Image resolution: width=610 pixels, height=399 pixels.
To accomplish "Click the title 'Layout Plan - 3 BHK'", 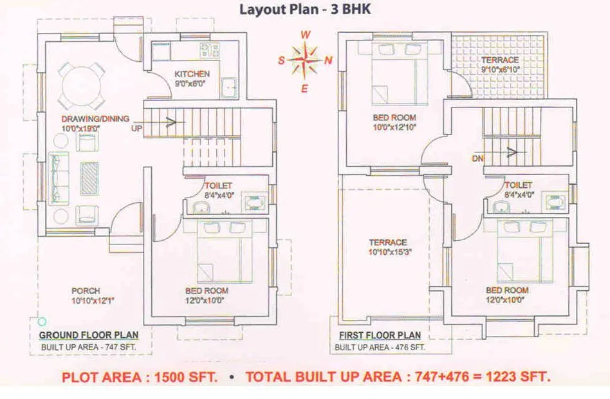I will click(305, 10).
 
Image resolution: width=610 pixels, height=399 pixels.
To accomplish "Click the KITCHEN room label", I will click(192, 74).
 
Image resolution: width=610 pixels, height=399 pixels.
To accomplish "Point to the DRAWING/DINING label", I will click(95, 118).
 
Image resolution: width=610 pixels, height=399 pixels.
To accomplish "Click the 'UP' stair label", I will click(136, 129).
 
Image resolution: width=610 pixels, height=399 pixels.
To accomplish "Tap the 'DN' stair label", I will click(477, 158).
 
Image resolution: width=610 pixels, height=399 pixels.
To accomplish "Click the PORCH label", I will click(86, 291).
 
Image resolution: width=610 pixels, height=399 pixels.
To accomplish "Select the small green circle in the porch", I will click(42, 321).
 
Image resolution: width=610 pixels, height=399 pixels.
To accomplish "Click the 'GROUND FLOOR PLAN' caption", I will click(87, 335).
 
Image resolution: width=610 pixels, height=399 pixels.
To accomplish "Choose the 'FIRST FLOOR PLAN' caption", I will click(380, 335).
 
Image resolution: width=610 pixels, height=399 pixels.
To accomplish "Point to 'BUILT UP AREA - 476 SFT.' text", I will click(380, 348).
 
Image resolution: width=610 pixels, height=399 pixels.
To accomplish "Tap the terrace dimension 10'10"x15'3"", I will click(389, 252).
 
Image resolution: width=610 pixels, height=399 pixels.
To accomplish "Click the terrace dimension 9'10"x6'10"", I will click(500, 70).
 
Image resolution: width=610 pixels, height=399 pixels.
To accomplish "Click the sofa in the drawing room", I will click(59, 177).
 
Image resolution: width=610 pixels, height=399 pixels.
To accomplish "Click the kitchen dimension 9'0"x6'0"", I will click(192, 83).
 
